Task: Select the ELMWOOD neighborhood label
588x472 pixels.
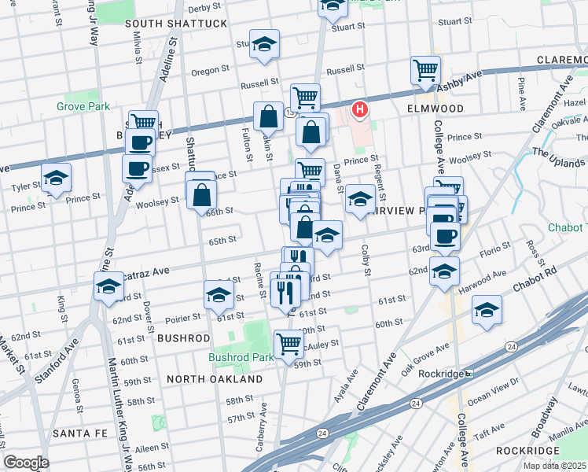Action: pos(435,108)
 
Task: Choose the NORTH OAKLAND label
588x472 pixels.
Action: pos(215,379)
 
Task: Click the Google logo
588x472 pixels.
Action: pos(26,463)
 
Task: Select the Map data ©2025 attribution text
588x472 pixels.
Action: pos(554,466)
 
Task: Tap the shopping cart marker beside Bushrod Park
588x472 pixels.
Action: pos(288,343)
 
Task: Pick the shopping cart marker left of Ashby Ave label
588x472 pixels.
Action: pos(425,70)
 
